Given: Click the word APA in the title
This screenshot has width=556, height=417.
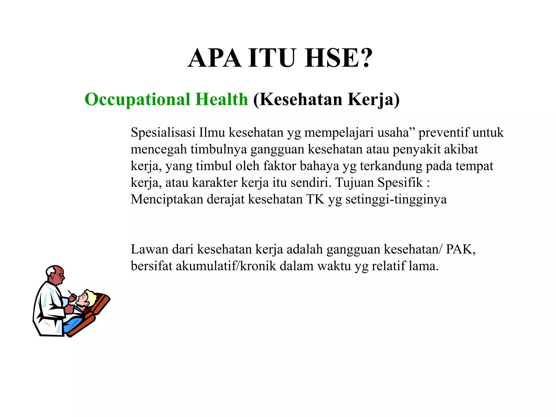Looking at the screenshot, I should (214, 58).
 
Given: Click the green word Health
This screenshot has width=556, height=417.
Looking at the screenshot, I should (222, 99).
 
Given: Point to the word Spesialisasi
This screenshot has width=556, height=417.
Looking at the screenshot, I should (163, 133).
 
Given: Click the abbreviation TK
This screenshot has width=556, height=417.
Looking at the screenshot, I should (315, 200).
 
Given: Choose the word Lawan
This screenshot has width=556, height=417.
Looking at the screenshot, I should (149, 249).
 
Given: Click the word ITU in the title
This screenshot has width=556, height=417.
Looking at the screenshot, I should (271, 58).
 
